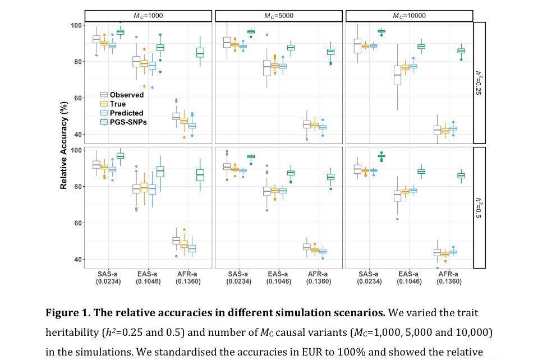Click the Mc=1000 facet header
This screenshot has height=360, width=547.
(148, 15)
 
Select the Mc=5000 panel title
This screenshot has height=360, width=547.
(279, 15)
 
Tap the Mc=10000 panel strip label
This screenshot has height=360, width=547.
(409, 15)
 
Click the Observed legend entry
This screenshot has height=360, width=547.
(126, 95)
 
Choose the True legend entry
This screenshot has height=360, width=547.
(118, 104)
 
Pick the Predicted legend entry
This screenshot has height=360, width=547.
(126, 113)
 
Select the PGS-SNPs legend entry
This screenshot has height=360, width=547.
(128, 122)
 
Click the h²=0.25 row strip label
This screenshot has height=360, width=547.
(479, 82)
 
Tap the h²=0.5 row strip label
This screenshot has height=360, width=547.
(479, 207)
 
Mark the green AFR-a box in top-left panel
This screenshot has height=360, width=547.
(200, 52)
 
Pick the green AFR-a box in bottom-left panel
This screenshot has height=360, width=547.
(200, 175)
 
